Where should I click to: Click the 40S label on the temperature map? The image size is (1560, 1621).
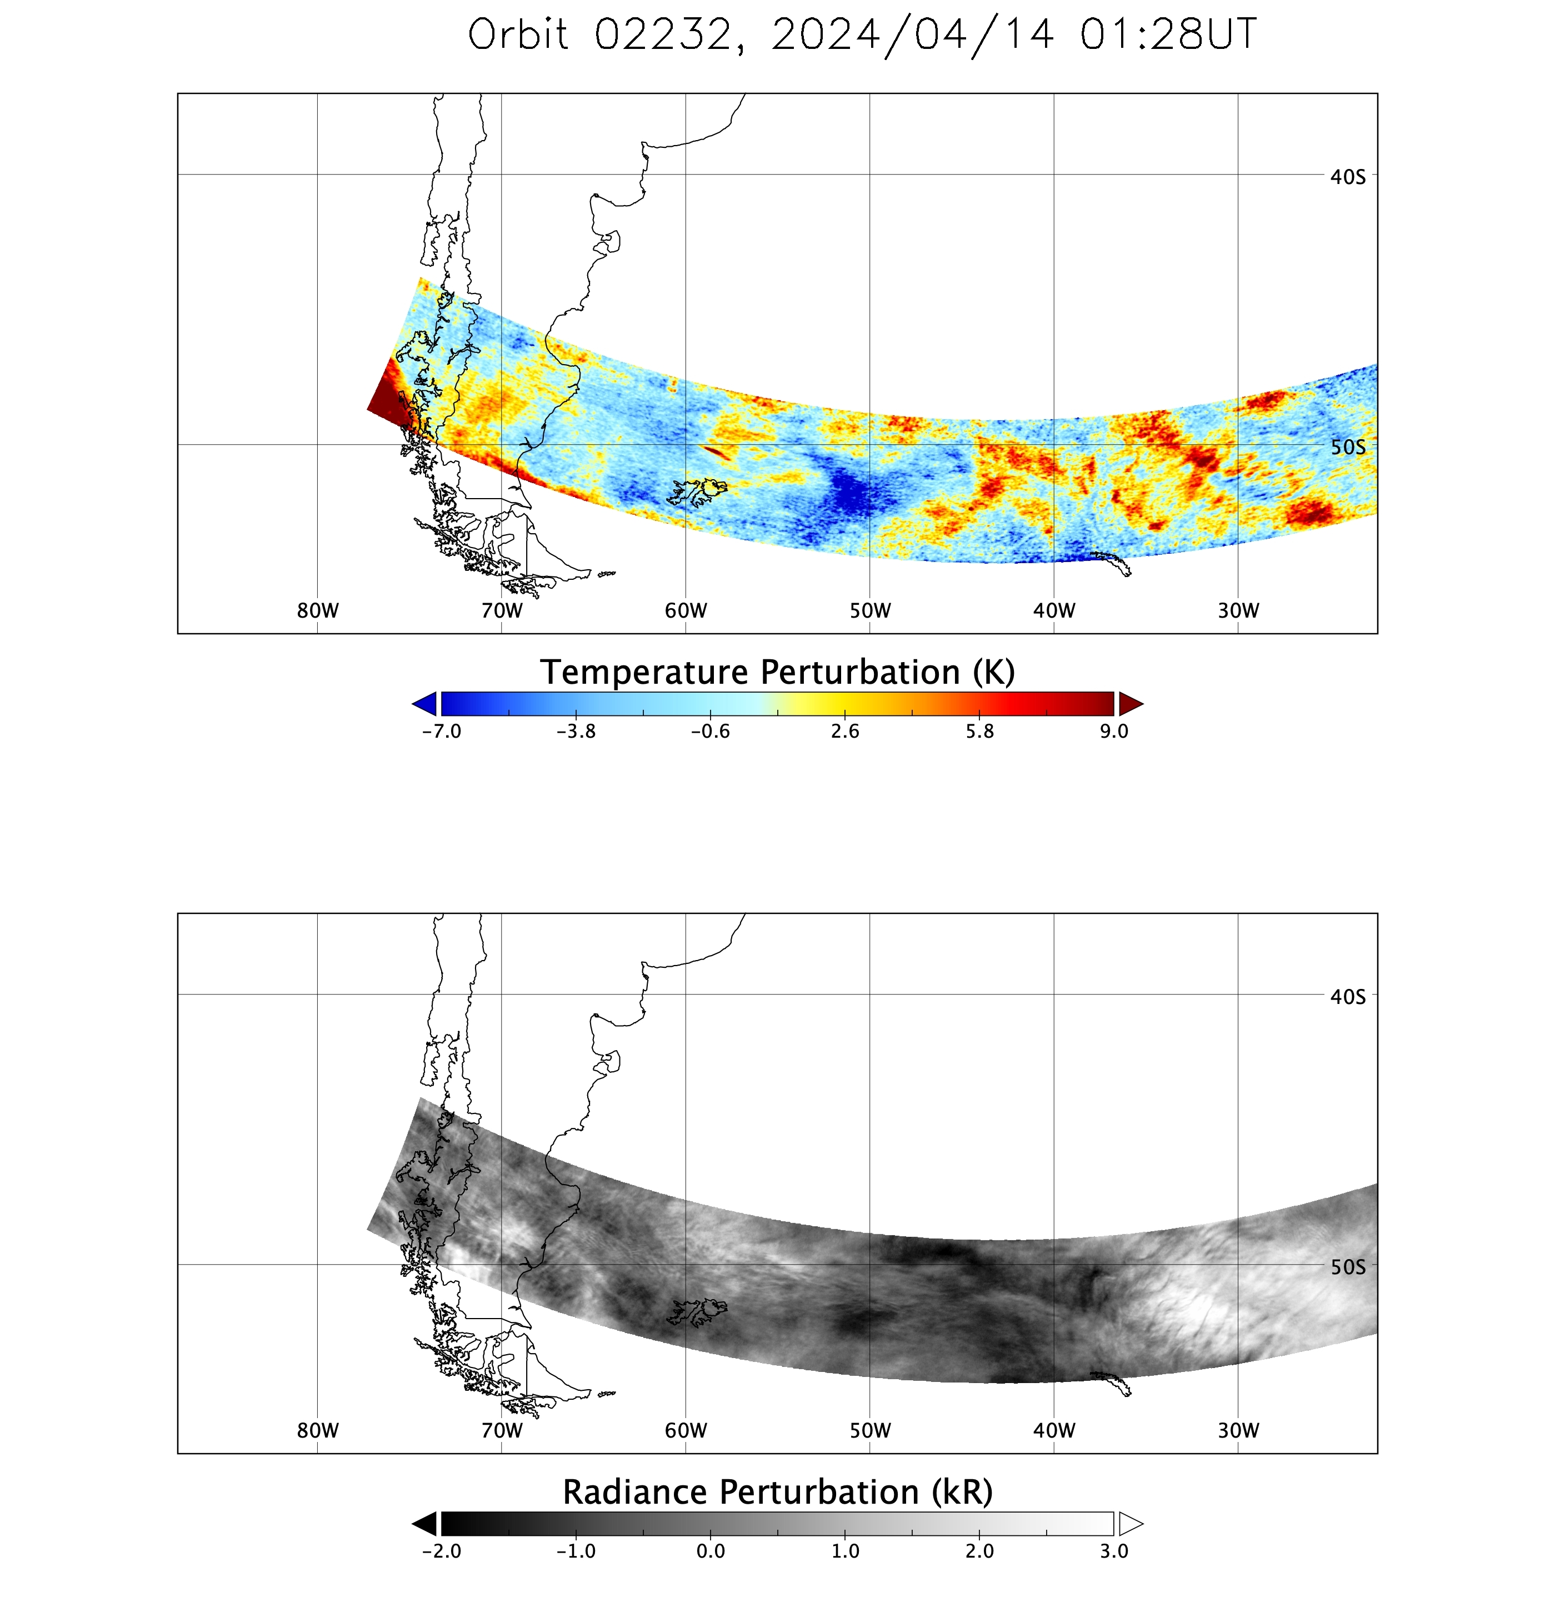point(1348,176)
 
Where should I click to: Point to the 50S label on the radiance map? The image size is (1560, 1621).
point(1348,1267)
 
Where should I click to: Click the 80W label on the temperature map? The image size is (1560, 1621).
point(317,610)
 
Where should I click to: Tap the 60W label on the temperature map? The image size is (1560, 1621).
point(686,610)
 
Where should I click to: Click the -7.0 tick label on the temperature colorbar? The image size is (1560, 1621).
point(442,731)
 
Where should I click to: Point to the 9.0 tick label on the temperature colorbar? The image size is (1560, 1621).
point(1113,731)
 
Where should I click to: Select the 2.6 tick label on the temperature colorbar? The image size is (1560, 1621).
point(845,731)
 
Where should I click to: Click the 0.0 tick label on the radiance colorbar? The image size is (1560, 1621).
point(710,1551)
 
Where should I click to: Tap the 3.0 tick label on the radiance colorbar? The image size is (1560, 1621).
point(1113,1551)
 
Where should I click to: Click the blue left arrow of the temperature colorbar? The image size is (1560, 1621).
point(425,704)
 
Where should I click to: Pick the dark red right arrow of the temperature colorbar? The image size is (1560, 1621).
point(1130,704)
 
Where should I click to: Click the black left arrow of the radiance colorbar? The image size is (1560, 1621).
point(425,1523)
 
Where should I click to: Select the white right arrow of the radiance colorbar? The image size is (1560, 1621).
point(1130,1523)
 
